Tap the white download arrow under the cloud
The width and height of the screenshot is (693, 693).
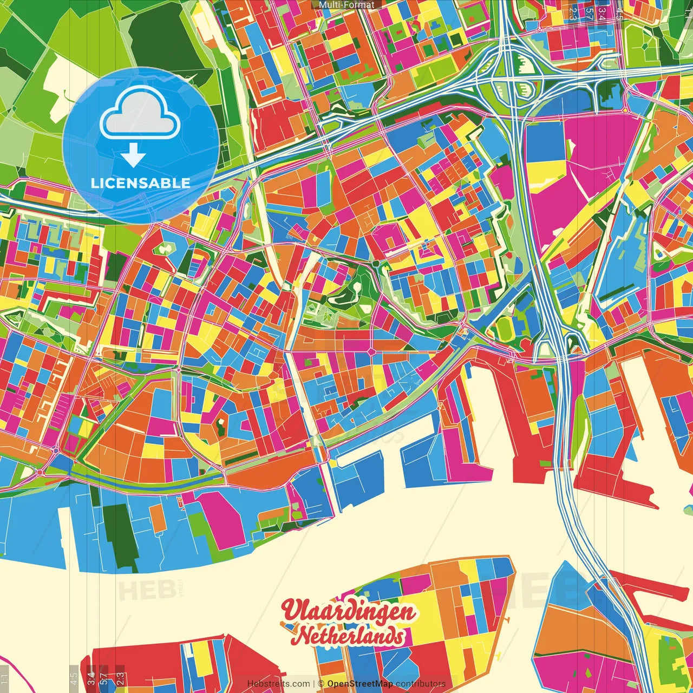click(133, 155)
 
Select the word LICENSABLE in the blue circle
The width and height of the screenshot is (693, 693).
click(140, 183)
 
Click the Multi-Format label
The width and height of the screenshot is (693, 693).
click(346, 5)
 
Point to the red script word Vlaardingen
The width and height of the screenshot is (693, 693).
click(349, 611)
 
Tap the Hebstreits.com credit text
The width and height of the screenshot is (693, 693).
click(278, 684)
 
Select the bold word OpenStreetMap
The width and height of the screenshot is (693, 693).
click(360, 684)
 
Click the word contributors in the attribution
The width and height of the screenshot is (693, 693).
click(421, 684)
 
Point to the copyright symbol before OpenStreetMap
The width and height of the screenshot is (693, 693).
click(321, 684)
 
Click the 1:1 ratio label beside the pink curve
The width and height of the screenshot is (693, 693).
click(4, 677)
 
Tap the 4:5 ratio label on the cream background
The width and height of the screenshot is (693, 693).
click(73, 677)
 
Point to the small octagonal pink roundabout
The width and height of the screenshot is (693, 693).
click(371, 352)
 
